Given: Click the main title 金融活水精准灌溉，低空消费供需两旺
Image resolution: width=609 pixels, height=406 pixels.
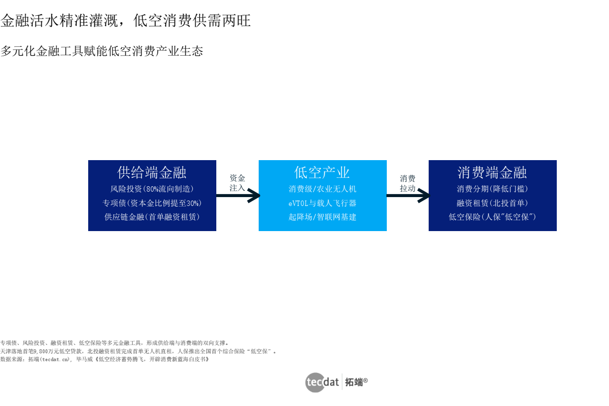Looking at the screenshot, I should (126, 21).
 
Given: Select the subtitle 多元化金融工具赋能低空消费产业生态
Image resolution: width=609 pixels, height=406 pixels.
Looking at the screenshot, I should (102, 51).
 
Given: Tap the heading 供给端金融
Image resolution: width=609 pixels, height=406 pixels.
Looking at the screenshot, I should (152, 172).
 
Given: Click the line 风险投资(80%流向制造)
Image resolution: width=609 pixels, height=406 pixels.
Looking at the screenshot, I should (152, 189).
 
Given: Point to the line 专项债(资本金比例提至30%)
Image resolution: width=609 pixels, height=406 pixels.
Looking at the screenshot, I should (152, 203).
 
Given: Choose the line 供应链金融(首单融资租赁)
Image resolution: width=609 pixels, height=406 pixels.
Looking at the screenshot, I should (152, 216).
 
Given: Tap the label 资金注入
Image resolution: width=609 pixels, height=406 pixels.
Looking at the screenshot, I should (237, 183).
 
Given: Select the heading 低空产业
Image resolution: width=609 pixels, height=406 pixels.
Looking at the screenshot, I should (322, 172).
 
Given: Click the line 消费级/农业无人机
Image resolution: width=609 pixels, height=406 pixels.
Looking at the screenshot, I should (322, 189).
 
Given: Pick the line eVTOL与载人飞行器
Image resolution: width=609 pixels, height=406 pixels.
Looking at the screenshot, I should (322, 203).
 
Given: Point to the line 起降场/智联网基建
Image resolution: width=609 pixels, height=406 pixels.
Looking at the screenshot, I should (322, 216).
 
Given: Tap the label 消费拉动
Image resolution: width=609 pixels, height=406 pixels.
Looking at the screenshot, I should (407, 183).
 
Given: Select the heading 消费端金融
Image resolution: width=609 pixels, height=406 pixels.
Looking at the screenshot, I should (492, 172).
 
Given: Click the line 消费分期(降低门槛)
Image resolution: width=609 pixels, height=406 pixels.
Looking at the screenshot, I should (492, 189).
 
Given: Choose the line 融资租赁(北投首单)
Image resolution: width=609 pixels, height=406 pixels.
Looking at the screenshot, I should (492, 203).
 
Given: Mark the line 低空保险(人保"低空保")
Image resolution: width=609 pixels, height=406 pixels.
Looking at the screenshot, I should (492, 216).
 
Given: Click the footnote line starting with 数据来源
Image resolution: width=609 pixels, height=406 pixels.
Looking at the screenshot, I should (104, 359).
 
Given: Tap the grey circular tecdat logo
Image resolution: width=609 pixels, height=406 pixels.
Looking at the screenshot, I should (315, 382).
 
